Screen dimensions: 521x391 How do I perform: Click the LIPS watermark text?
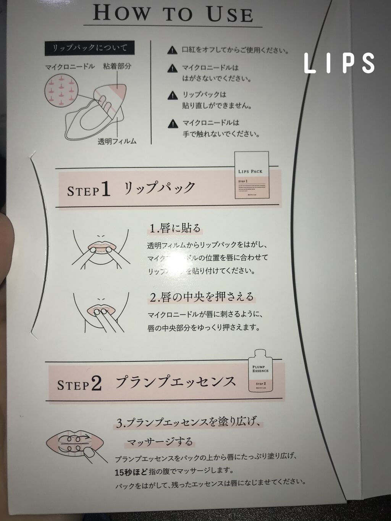(x=339, y=63)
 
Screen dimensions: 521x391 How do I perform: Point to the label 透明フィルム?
(x=117, y=141)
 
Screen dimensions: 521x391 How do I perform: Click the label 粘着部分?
(x=117, y=66)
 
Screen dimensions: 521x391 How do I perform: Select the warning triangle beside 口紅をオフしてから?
(x=173, y=50)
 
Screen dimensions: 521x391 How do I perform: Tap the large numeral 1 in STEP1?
(x=106, y=189)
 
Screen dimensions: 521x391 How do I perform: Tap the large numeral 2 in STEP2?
(x=96, y=384)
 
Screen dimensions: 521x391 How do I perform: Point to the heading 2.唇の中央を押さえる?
(x=201, y=296)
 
